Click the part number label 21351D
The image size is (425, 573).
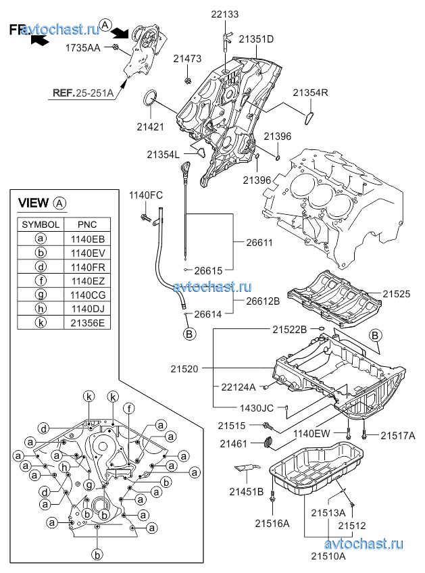[256, 39]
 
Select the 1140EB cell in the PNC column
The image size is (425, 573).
[86, 238]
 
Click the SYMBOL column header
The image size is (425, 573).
[41, 224]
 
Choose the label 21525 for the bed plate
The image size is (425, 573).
[397, 295]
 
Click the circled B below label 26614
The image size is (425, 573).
[190, 333]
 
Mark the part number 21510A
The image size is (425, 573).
[328, 556]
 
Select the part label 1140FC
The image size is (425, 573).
[146, 195]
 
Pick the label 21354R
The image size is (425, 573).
[310, 93]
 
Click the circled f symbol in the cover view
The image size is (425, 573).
[128, 407]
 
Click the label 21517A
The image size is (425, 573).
[397, 436]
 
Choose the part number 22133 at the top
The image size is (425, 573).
[224, 14]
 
